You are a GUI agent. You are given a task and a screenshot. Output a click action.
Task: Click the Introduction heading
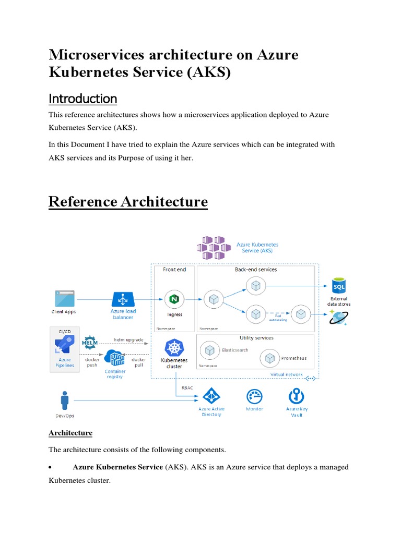point(82,99)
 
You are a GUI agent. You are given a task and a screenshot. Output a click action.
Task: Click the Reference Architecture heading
point(128,202)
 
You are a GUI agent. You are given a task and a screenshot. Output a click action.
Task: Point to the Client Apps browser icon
point(63,299)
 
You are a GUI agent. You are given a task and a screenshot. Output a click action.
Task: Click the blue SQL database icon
point(339,286)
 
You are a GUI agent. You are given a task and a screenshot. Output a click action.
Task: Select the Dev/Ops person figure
point(65,401)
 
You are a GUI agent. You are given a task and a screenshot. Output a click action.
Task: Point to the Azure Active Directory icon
point(211,396)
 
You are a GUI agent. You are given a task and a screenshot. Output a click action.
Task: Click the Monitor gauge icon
point(254,396)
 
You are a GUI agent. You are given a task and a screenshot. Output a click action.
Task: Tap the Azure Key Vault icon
point(296,396)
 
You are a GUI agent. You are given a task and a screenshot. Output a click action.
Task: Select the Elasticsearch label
point(233,350)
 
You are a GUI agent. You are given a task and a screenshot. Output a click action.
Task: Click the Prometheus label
point(294,358)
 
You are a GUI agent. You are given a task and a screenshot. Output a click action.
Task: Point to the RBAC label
point(187,387)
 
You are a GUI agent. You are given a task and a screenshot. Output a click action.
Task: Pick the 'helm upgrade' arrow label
point(128,339)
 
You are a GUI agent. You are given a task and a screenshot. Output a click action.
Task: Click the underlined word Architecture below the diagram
point(70,433)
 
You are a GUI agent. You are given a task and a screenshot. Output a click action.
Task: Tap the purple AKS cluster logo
point(213,247)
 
